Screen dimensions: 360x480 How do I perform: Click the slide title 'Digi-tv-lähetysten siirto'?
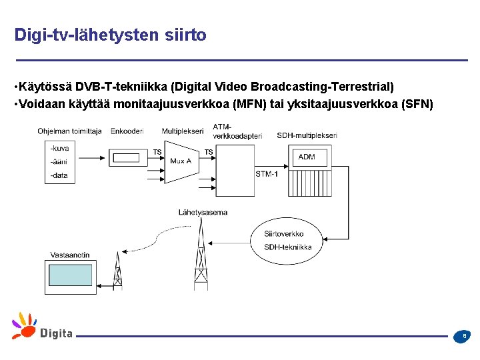click(110, 35)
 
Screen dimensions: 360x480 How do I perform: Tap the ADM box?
click(307, 157)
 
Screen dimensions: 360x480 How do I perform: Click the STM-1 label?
click(267, 173)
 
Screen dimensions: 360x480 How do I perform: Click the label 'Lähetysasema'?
click(203, 213)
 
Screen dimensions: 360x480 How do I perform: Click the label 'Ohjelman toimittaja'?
click(69, 131)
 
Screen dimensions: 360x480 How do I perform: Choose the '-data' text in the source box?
click(59, 175)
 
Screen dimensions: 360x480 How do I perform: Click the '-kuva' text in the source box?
click(59, 148)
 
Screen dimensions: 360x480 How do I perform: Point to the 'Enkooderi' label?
click(127, 131)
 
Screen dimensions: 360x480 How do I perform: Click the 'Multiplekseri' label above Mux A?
click(182, 131)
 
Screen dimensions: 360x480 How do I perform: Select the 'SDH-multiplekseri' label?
click(307, 135)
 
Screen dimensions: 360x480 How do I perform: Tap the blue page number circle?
click(464, 337)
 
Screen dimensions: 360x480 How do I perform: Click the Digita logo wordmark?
click(56, 333)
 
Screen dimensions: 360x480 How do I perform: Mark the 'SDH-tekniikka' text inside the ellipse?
click(287, 247)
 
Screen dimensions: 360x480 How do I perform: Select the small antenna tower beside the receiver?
click(118, 271)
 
